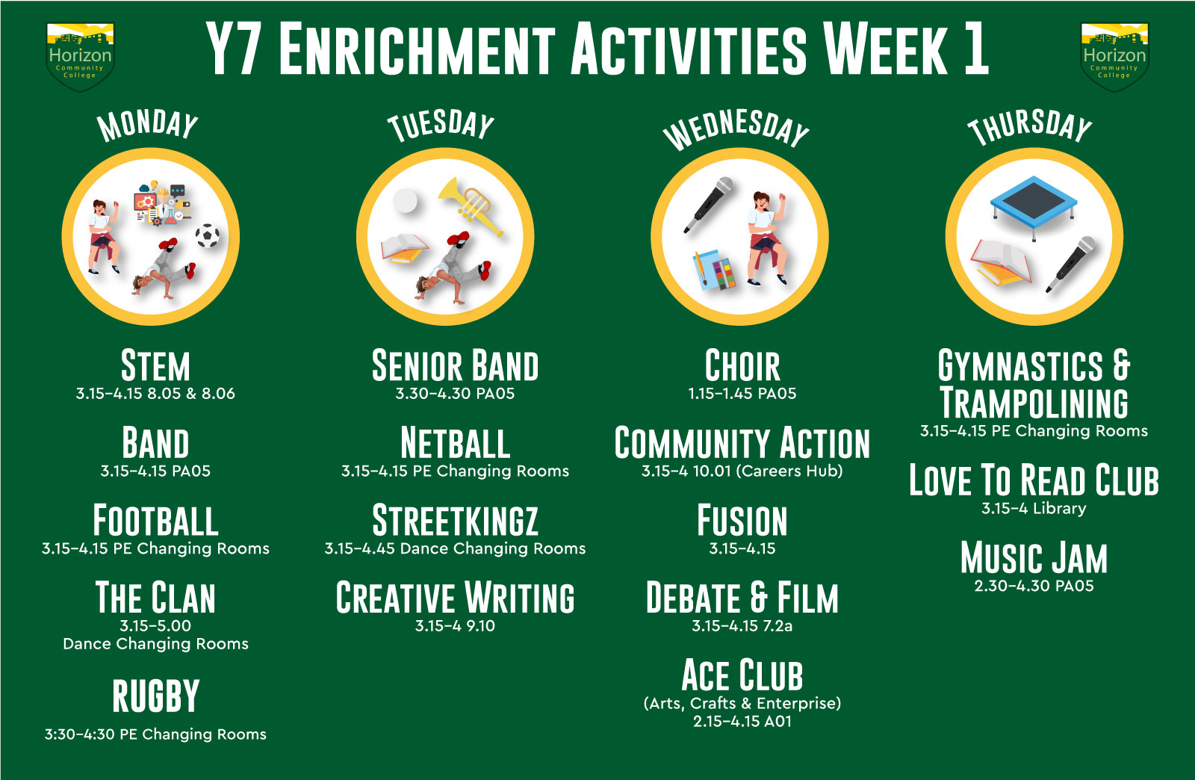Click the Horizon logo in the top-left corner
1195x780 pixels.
[x=80, y=57]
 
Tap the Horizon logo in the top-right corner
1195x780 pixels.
[x=1114, y=57]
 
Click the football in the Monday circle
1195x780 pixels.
[x=207, y=235]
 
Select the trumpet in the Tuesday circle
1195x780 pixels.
[x=471, y=205]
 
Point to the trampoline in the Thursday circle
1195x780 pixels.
[x=1034, y=205]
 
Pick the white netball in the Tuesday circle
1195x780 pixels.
[x=405, y=201]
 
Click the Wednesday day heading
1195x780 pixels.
[x=736, y=129]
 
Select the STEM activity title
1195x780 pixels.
[x=155, y=366]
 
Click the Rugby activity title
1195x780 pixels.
[x=156, y=696]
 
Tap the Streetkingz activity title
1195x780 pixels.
[x=455, y=520]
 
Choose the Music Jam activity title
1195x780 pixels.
[x=1034, y=558]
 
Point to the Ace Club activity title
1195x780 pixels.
[x=742, y=675]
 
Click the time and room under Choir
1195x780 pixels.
[x=742, y=394]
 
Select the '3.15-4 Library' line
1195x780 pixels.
[x=1034, y=509]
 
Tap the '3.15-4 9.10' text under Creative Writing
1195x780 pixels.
[x=455, y=626]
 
